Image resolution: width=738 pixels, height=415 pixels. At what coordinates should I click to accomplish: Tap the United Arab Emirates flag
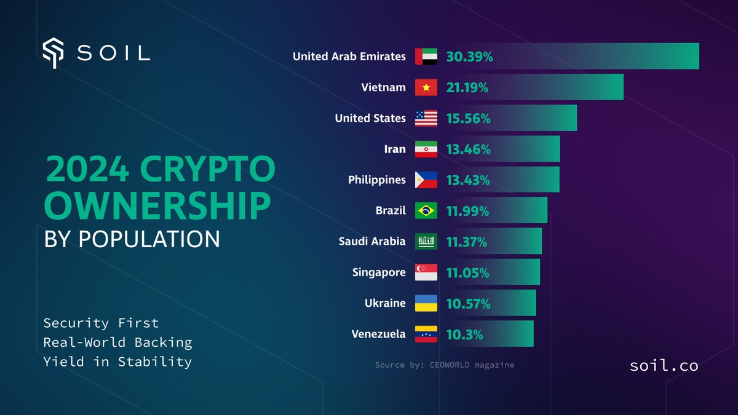(426, 57)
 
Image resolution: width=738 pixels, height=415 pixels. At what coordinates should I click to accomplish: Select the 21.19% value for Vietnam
(467, 88)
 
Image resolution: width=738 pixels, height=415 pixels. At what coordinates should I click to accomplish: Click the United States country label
(370, 118)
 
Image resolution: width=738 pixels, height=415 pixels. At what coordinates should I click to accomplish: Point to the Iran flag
(426, 149)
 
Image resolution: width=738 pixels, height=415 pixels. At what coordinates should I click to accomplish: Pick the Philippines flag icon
(426, 180)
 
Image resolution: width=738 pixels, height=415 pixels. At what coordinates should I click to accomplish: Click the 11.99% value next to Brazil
(467, 211)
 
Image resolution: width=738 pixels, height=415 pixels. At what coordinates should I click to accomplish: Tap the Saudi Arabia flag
(426, 242)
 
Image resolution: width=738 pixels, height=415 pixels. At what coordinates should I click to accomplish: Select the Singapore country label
(379, 272)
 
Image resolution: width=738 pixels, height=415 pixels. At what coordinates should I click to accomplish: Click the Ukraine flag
(426, 303)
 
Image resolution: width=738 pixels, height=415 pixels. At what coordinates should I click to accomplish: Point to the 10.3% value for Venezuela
(464, 335)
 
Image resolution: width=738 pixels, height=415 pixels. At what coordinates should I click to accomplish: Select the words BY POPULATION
(132, 239)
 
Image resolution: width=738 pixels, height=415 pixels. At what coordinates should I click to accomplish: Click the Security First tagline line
(101, 323)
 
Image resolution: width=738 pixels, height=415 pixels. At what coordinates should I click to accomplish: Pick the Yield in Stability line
(117, 362)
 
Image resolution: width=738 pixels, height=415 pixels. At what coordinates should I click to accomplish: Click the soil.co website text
(664, 366)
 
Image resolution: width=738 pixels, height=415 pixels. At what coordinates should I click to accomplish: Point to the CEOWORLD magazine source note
(445, 365)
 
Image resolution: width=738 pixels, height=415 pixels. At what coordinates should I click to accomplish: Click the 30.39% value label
(469, 57)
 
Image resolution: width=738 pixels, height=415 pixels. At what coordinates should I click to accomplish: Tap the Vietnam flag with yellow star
(426, 88)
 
